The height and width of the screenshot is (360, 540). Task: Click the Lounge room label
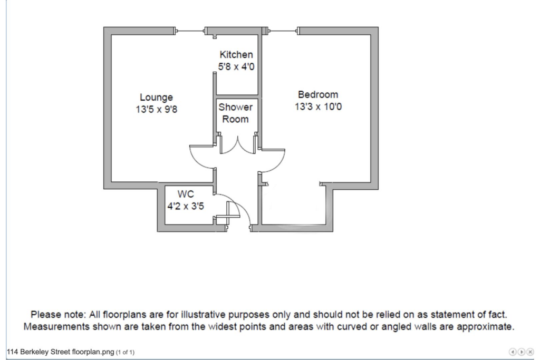[156, 98]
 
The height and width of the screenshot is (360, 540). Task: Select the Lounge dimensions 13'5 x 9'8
[156, 110]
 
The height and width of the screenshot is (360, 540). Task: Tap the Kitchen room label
[236, 55]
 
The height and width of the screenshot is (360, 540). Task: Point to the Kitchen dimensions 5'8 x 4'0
[236, 67]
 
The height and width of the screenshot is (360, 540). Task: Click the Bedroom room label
[318, 95]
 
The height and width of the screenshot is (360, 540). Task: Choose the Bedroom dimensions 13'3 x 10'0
[318, 107]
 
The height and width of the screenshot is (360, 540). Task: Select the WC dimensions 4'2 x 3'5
[186, 207]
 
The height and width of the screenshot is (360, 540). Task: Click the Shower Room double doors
[237, 145]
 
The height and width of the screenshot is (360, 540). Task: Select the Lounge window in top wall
[190, 31]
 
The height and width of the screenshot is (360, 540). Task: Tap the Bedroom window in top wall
[284, 31]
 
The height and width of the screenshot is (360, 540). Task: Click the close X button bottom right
[530, 352]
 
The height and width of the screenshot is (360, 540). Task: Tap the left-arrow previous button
[513, 352]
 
